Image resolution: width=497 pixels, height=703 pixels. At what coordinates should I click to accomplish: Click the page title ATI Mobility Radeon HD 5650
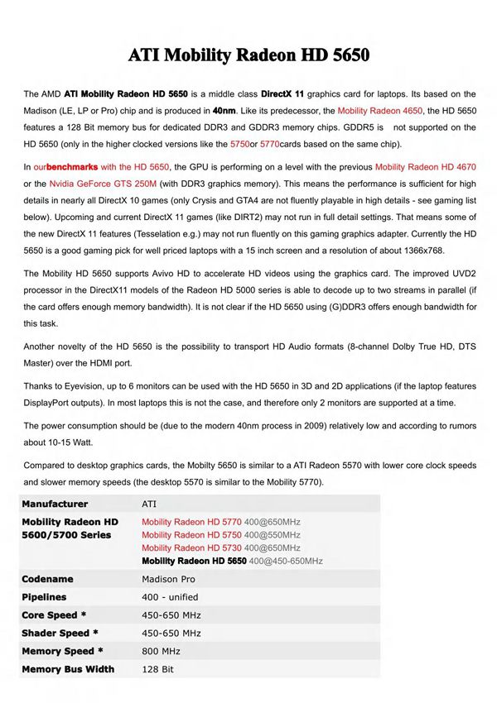248,56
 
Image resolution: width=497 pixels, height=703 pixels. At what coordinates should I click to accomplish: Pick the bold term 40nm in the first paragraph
224,110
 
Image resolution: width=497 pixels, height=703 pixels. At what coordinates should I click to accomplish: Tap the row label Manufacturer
55,504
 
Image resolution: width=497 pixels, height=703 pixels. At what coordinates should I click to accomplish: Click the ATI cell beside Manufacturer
149,504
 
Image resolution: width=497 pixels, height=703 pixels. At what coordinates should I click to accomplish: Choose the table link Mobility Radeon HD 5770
191,522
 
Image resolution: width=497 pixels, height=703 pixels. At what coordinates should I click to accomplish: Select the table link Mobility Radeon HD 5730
191,548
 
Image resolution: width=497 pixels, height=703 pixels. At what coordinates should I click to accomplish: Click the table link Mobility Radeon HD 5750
191,535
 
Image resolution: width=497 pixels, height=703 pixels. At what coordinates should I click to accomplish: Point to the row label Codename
48,579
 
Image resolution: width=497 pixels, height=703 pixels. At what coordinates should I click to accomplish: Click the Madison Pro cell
170,579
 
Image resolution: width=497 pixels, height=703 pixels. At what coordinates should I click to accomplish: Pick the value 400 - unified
170,597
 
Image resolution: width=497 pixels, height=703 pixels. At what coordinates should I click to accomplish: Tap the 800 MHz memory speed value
161,651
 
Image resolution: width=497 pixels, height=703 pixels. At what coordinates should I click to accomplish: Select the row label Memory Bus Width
68,668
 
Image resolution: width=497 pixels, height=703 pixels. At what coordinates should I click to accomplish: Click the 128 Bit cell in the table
157,668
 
